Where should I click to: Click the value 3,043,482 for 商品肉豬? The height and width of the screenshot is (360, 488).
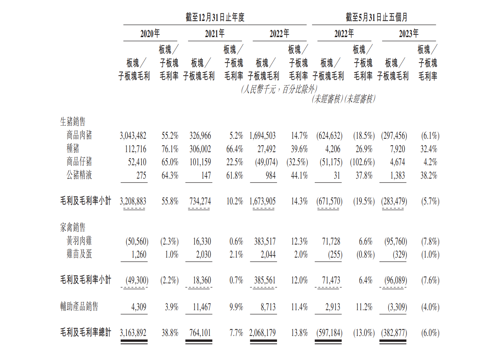click(x=133, y=136)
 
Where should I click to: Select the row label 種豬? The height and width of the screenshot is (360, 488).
click(x=73, y=148)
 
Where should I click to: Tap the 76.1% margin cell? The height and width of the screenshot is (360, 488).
click(x=170, y=149)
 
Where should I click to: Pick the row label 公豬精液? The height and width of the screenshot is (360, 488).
click(x=79, y=175)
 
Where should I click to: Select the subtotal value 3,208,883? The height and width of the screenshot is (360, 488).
click(x=133, y=201)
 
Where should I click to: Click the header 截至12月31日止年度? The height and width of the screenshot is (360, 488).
click(x=215, y=17)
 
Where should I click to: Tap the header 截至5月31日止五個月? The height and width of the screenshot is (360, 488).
click(x=376, y=17)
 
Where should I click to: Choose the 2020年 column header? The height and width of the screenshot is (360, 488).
click(x=150, y=34)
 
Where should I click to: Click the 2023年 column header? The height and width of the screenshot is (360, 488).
click(x=409, y=34)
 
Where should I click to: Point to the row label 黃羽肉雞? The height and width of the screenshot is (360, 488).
click(x=79, y=241)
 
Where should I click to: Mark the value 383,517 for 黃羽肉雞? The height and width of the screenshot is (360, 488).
click(x=265, y=241)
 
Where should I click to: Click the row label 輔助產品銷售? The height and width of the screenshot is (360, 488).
click(x=79, y=306)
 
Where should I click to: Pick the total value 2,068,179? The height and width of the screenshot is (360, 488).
click(x=263, y=333)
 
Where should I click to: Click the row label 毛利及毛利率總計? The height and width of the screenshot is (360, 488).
click(x=86, y=332)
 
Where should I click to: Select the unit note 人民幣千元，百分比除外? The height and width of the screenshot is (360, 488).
click(x=279, y=89)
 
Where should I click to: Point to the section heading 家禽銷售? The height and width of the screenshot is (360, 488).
click(x=73, y=227)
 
